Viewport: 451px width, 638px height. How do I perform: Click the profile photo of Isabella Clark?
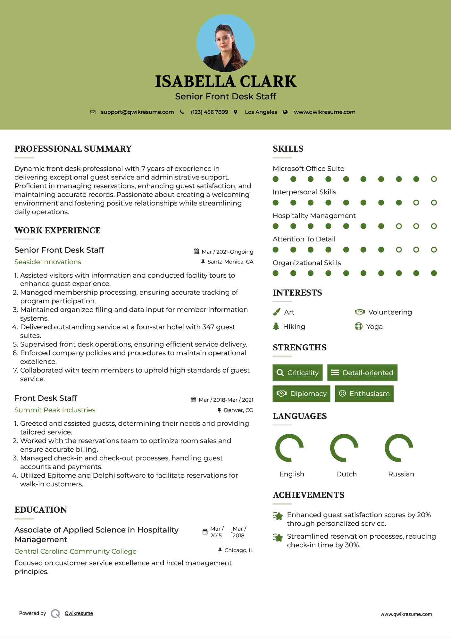click(226, 43)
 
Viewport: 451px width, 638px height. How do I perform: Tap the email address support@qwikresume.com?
click(137, 112)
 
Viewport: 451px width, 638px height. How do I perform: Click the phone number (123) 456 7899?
click(209, 112)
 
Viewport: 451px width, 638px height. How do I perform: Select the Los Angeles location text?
click(261, 112)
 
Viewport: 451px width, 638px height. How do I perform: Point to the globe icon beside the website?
click(285, 112)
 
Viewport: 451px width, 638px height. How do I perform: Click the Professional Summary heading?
click(73, 149)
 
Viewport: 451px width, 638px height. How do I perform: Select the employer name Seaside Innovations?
click(48, 262)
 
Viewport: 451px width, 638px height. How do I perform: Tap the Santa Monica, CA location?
click(230, 262)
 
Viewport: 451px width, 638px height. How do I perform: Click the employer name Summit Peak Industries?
click(55, 410)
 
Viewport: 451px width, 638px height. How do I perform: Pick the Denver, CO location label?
click(238, 410)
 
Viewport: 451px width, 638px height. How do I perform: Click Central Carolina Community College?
click(75, 551)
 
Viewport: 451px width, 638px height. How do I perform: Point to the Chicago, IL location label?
click(239, 550)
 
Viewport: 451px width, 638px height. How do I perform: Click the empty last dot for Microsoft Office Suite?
click(434, 179)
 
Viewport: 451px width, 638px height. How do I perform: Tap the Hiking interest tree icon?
click(276, 326)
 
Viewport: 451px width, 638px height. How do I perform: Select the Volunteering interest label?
click(390, 312)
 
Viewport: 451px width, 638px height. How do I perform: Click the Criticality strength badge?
click(297, 373)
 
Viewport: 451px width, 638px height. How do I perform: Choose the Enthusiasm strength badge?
click(364, 394)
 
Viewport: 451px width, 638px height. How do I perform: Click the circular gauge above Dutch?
click(344, 448)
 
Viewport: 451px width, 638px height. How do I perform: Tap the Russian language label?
click(401, 474)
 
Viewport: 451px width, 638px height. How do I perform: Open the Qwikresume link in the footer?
click(79, 613)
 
